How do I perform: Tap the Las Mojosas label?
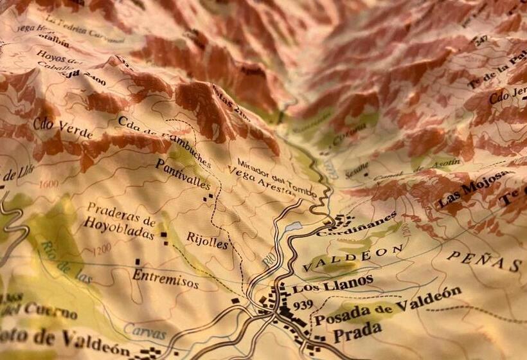pyautogui.click(x=476, y=191)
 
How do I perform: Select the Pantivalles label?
pyautogui.click(x=183, y=174)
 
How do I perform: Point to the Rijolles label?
pyautogui.click(x=207, y=240)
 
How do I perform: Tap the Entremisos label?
pyautogui.click(x=165, y=278)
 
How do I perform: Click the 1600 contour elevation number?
pyautogui.click(x=48, y=183)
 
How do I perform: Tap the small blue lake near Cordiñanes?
pyautogui.click(x=292, y=226)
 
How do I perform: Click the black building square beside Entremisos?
pyautogui.click(x=138, y=262)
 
